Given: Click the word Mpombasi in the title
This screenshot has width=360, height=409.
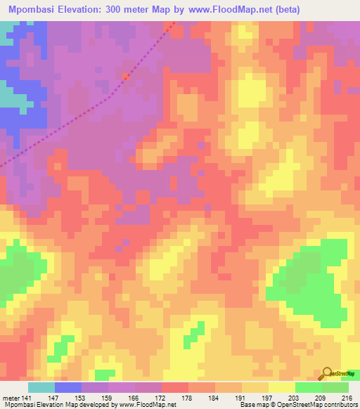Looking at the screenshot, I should click(32, 9).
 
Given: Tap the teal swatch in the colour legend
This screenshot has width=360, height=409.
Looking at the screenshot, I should click(41, 387).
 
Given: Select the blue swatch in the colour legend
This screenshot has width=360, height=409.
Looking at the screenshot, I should click(68, 387).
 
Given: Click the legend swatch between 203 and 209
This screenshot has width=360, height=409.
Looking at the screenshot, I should click(309, 387).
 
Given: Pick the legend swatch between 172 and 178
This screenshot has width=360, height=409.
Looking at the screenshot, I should click(175, 387).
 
